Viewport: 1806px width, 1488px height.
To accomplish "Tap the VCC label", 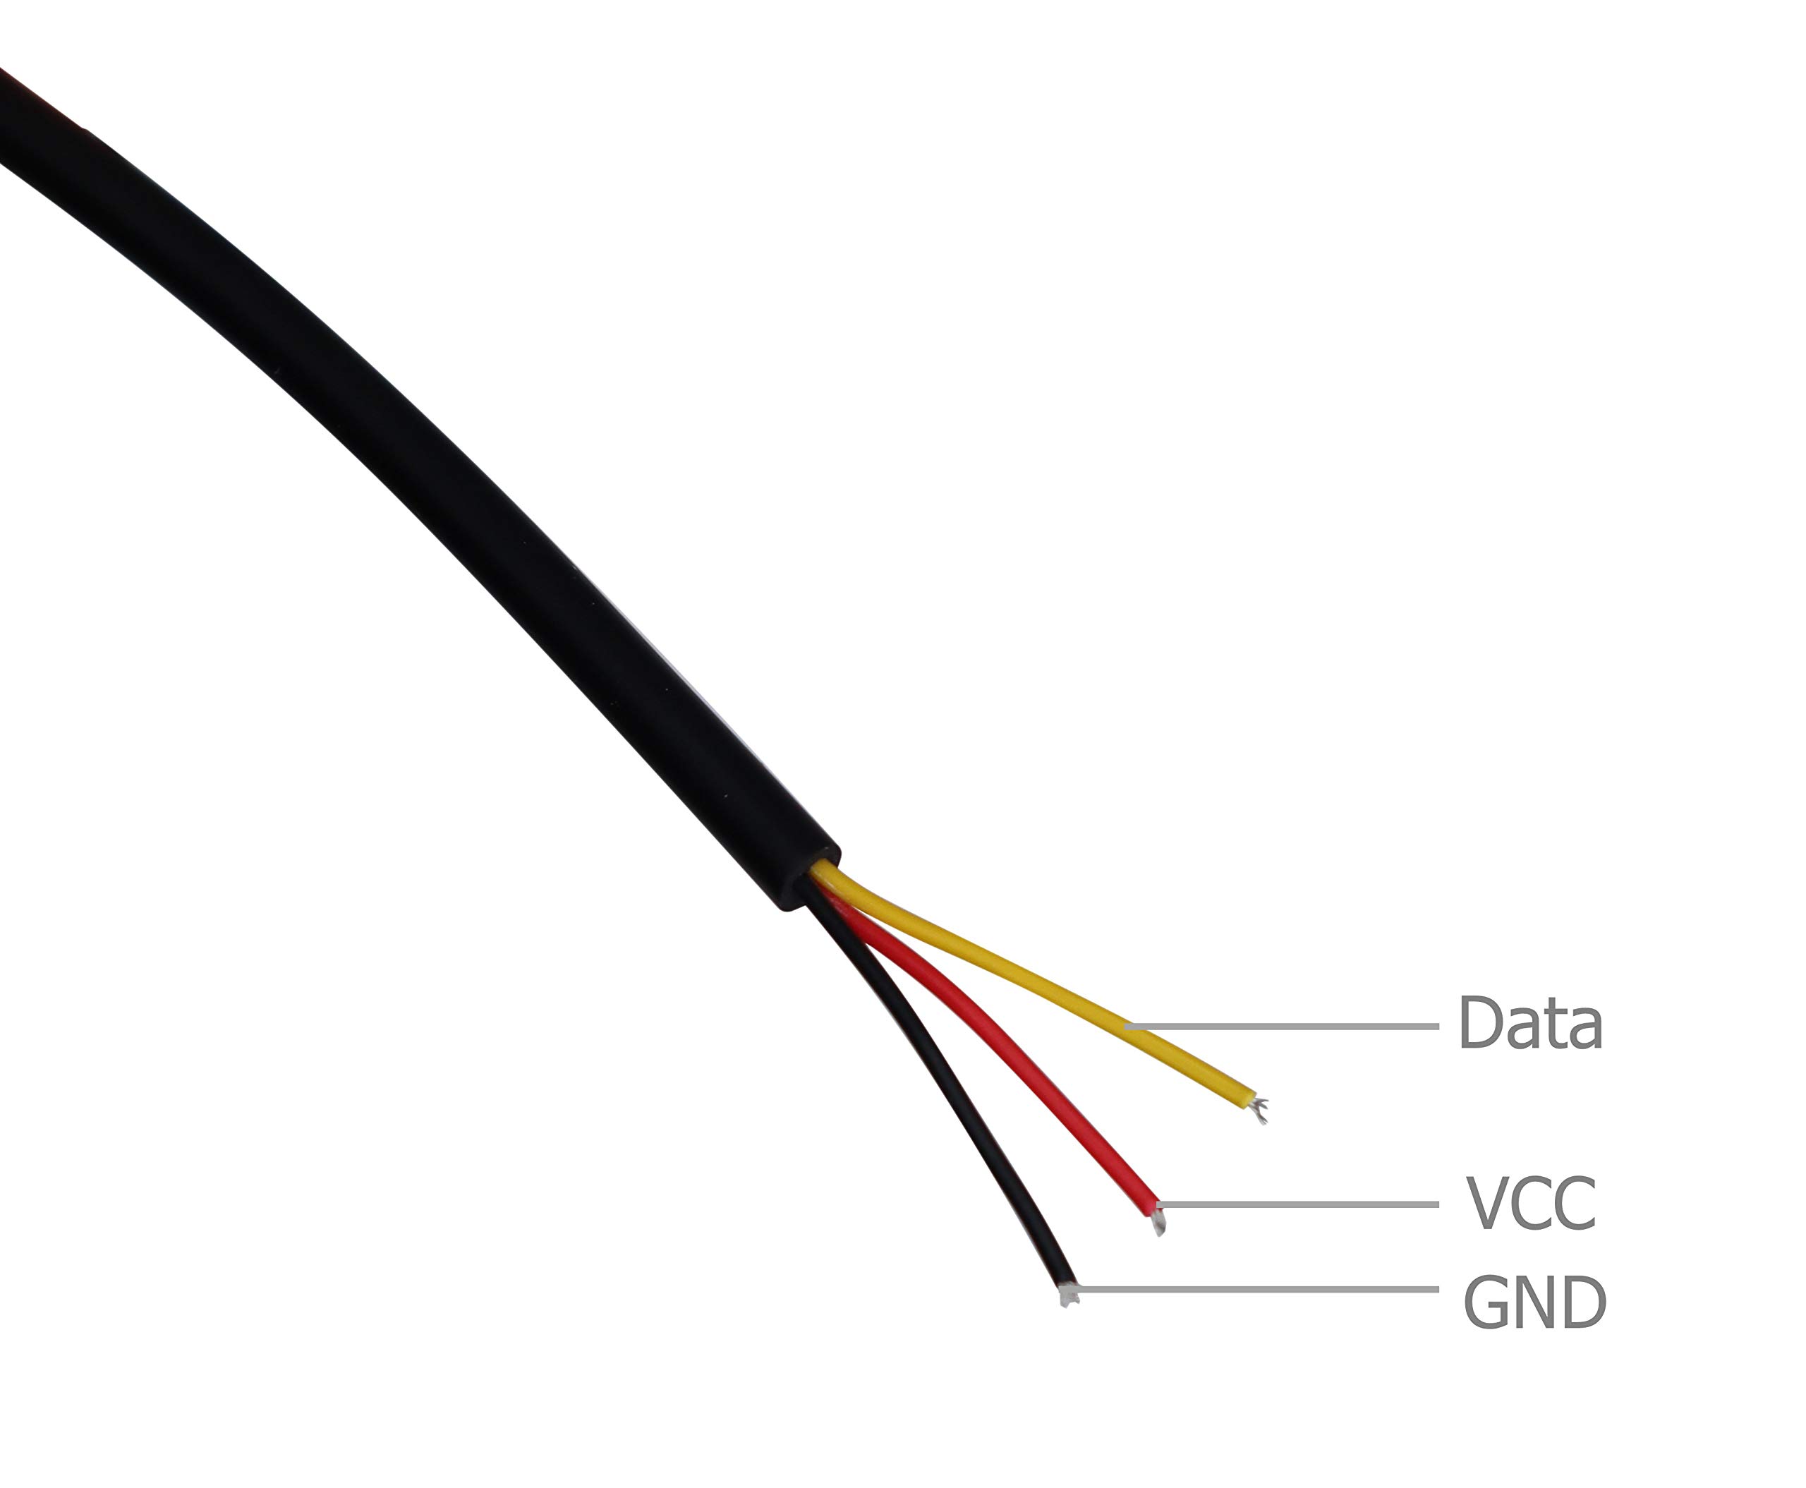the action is pos(1531,1204).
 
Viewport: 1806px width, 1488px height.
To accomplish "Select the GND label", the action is pos(1534,1302).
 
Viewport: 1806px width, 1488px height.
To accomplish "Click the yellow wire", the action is pos(1029,986).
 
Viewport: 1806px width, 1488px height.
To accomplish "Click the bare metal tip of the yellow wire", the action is pos(1259,1111).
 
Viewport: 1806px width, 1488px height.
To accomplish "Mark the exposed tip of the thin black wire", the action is pos(1067,1294).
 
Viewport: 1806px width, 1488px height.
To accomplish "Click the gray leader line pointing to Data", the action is pos(1281,1026).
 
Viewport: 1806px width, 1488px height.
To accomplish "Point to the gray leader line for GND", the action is pos(1257,1289).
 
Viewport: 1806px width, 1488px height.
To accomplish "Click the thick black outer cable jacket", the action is pos(428,446).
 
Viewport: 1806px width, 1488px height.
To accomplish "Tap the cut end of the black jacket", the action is pos(810,883).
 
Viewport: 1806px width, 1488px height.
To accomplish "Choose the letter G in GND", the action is pos(1486,1302).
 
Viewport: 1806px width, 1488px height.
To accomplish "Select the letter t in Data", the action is pos(1552,1026).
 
